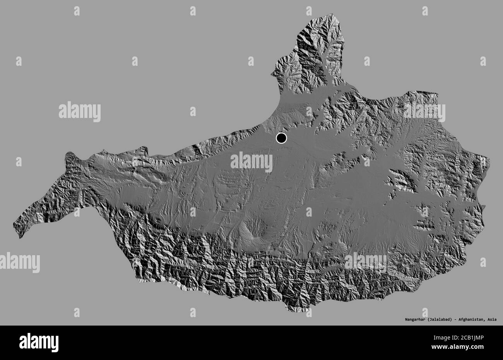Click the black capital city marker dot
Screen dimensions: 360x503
[x=281, y=138]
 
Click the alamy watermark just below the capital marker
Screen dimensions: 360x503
[x=251, y=162]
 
